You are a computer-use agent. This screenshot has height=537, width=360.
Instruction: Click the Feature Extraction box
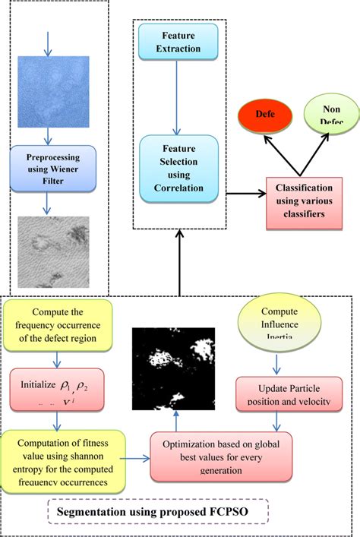click(x=178, y=41)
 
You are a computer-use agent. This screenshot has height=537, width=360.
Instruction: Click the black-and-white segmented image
click(x=175, y=368)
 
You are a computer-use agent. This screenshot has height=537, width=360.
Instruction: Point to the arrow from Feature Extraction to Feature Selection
click(x=178, y=97)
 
